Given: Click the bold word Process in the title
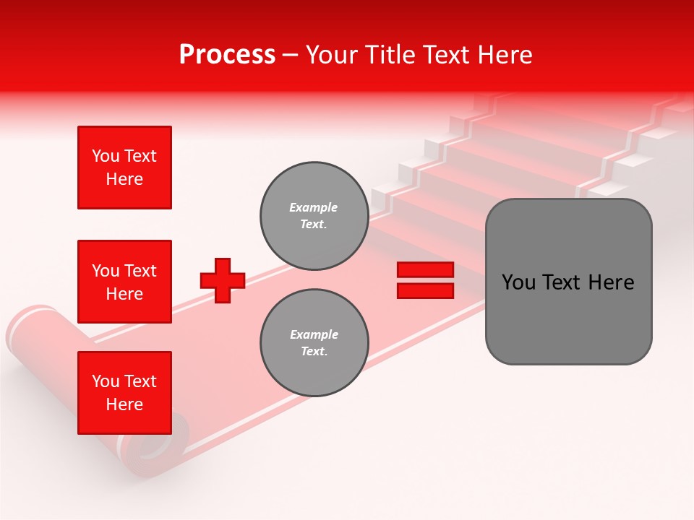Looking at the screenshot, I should pyautogui.click(x=227, y=55).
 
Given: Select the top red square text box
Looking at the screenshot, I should pyautogui.click(x=124, y=168).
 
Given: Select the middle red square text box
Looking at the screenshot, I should pyautogui.click(x=124, y=282).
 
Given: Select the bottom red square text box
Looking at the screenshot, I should pyautogui.click(x=124, y=393).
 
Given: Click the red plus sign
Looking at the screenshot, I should pyautogui.click(x=223, y=280).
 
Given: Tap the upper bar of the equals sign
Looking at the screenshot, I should pyautogui.click(x=425, y=270).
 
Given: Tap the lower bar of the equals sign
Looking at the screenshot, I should pyautogui.click(x=425, y=290).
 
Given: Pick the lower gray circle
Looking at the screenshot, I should pyautogui.click(x=314, y=343).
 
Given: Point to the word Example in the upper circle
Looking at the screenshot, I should pyautogui.click(x=313, y=207).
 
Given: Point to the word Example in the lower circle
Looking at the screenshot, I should pyautogui.click(x=314, y=334).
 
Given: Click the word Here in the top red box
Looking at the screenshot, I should pyautogui.click(x=124, y=179).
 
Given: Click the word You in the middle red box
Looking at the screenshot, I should pyautogui.click(x=106, y=271).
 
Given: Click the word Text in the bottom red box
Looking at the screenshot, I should pyautogui.click(x=140, y=381).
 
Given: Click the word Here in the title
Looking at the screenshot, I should pyautogui.click(x=505, y=55).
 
